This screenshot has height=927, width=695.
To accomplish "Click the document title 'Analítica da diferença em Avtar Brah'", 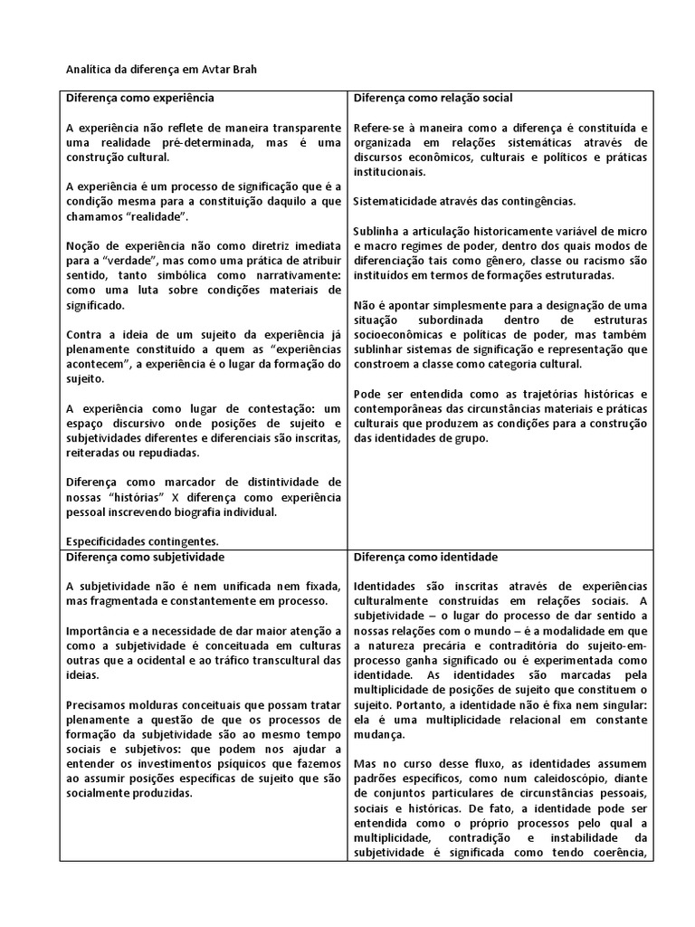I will (157, 71).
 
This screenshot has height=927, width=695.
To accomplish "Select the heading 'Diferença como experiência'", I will (140, 97).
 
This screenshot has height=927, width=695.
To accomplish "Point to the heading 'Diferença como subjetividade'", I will (146, 556).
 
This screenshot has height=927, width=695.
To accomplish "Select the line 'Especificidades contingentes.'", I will (142, 540).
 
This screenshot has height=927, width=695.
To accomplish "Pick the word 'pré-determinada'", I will (195, 142).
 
